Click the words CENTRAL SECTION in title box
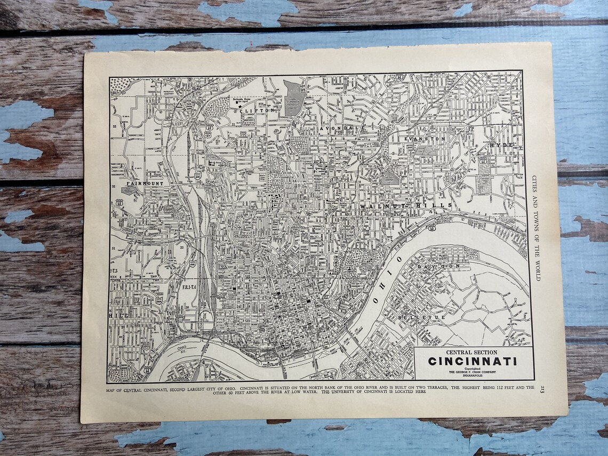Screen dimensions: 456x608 click(471, 352)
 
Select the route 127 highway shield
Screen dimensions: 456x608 click(210, 128)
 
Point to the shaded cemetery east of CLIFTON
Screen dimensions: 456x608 click(293, 98)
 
